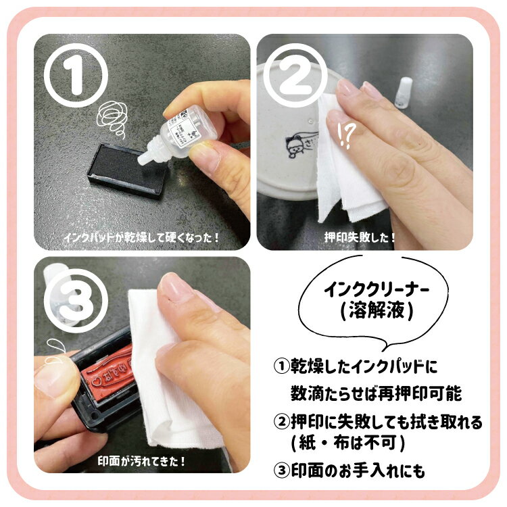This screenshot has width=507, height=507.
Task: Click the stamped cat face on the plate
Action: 295,147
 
